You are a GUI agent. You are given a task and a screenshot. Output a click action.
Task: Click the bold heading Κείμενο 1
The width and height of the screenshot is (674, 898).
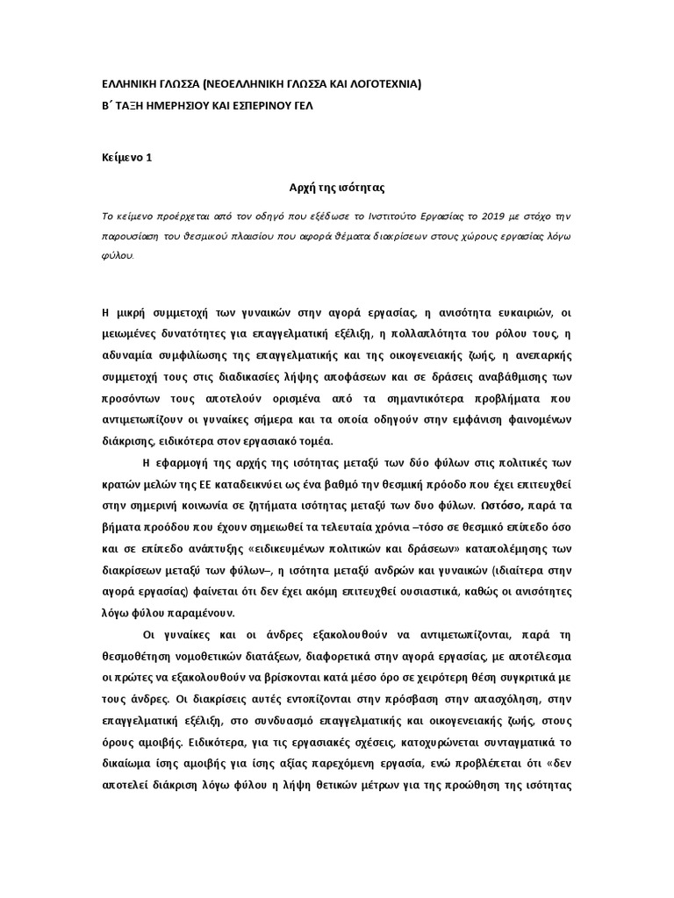click(127, 158)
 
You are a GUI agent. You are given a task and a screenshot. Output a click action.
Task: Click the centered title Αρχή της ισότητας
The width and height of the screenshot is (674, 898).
click(338, 189)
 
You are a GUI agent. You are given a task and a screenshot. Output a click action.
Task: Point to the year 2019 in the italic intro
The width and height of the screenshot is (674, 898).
click(513, 217)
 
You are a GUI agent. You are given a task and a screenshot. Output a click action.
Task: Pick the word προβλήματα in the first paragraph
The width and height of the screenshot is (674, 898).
click(500, 400)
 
